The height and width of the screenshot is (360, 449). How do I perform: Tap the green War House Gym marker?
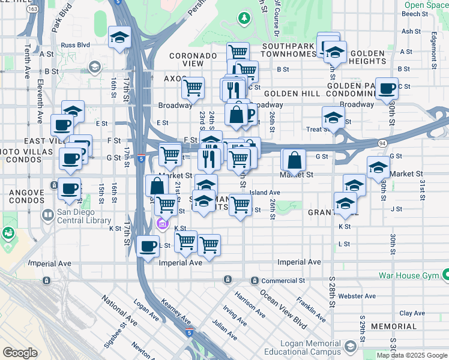pos(445,275)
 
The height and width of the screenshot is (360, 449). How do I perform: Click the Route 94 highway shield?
pos(382,143)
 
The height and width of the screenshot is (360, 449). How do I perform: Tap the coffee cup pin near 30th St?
pos(387,88)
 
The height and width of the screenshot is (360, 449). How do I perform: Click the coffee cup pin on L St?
pos(147,245)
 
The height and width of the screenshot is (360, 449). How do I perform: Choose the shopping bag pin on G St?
pos(294,160)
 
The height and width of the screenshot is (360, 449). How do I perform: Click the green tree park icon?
pos(244,19)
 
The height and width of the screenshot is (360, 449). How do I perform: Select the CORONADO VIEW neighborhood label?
pos(192,59)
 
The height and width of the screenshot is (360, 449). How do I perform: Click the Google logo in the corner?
pos(20,353)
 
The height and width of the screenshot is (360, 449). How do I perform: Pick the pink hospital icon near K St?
pos(160,224)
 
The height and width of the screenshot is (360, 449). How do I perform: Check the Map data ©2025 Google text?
pos(412,355)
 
